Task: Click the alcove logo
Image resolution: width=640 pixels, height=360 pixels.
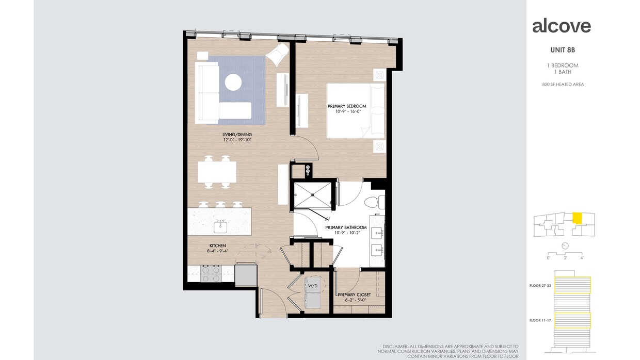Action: click(562, 26)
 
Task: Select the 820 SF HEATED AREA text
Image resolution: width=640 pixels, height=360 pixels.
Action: click(563, 85)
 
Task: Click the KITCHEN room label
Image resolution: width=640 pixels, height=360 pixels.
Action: click(217, 246)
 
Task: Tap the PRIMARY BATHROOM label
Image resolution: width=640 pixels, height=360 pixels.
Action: click(346, 227)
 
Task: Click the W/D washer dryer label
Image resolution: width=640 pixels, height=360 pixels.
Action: click(313, 285)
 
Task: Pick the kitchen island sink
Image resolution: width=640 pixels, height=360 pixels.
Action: click(221, 226)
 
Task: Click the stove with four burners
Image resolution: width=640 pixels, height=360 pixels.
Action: click(211, 273)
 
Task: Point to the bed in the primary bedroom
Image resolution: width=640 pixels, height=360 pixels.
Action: click(355, 110)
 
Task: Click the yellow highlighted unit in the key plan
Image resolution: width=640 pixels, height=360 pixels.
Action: click(578, 218)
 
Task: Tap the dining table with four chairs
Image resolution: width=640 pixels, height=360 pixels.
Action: click(217, 172)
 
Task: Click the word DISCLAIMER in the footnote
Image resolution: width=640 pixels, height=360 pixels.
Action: click(394, 347)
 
